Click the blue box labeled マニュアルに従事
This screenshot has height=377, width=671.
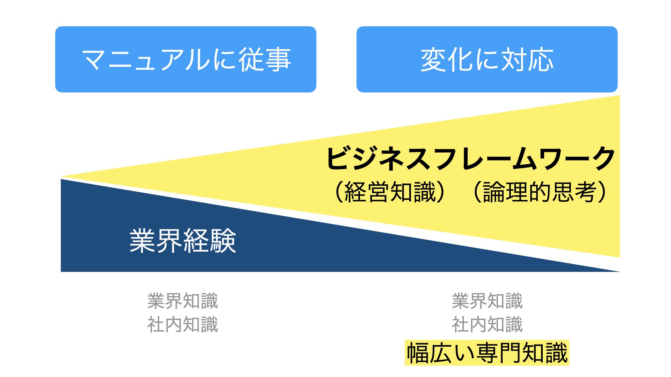coord(186,59)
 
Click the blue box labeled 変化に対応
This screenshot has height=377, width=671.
coord(487,59)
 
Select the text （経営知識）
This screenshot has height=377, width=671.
coord(390,192)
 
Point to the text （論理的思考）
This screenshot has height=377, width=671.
coord(540,192)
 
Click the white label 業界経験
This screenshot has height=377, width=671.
coord(183,241)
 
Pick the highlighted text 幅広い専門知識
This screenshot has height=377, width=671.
coord(487,353)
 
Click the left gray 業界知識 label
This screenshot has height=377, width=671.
coord(183,301)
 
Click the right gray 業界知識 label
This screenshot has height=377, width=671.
coord(487,301)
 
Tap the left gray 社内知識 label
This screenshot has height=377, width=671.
coord(183,325)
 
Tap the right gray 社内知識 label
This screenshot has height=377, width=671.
coord(487,325)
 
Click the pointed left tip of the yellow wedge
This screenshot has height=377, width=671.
coord(62,177)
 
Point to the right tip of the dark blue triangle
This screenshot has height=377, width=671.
coord(619,271)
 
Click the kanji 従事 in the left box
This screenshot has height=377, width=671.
coord(265,60)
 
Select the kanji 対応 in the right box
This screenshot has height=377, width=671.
coord(528,60)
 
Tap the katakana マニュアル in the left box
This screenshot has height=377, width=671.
coord(146,60)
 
